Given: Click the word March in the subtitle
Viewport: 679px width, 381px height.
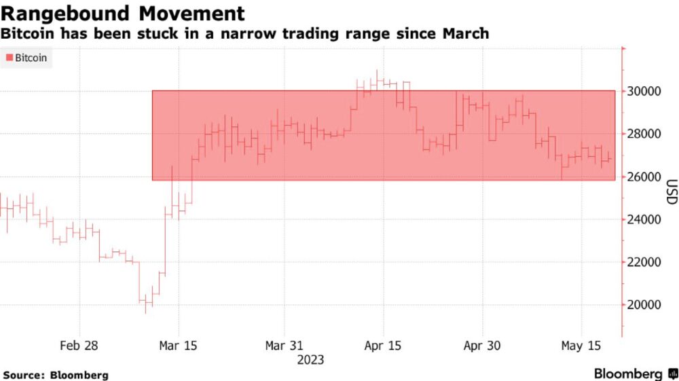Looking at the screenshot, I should coord(465,33).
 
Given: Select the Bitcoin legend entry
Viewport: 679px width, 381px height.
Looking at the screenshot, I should coord(31,58).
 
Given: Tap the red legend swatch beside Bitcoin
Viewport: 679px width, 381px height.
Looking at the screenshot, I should coord(9,58).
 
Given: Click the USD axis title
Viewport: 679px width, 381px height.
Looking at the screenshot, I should coord(671,192).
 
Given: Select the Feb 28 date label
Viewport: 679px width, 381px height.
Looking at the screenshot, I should coord(79,346).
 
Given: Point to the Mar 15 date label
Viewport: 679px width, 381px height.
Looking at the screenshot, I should coord(179,346).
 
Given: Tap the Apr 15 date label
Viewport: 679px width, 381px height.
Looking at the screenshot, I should coord(383,346).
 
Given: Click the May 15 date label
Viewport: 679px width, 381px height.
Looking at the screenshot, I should coord(582,346).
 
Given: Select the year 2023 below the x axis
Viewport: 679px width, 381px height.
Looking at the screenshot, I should coord(310,359).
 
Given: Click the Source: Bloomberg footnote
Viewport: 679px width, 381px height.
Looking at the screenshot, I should coord(55,375).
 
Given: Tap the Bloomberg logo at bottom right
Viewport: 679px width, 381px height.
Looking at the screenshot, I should coord(635,374).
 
